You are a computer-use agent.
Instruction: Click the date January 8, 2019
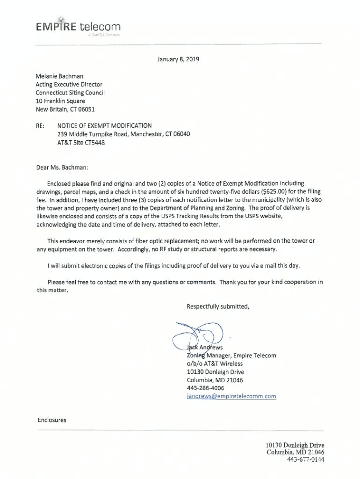click(180, 59)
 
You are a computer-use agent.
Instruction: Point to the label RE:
click(41, 126)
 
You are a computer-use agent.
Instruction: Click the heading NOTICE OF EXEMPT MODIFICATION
click(104, 126)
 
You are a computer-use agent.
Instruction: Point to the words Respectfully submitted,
click(218, 306)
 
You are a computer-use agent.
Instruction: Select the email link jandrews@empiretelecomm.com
click(231, 396)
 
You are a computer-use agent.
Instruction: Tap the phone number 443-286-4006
click(205, 388)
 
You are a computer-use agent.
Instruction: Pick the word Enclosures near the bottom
click(52, 420)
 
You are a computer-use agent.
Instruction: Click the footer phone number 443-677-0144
click(306, 459)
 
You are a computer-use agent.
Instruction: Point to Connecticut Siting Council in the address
click(70, 93)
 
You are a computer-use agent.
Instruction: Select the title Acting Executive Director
click(69, 85)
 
